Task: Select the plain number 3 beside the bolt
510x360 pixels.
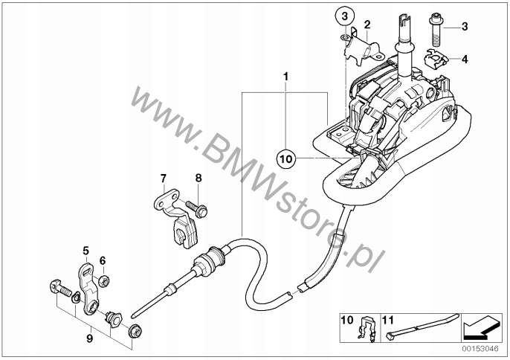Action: [x=465, y=28]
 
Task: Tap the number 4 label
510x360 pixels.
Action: [x=465, y=59]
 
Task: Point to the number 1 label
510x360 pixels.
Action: [x=285, y=76]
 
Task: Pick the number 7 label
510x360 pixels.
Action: [x=164, y=179]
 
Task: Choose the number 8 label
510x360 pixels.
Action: [x=198, y=179]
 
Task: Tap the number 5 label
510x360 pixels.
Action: [x=85, y=250]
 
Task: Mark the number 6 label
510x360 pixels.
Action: [x=103, y=260]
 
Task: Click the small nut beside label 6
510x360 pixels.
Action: [x=104, y=280]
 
